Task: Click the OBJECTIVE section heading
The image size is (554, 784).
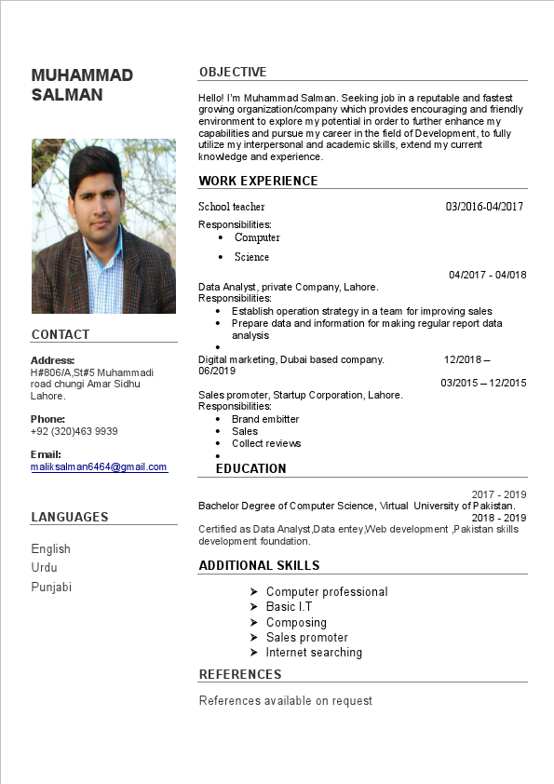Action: pyautogui.click(x=233, y=72)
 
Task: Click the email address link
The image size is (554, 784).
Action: pyautogui.click(x=99, y=466)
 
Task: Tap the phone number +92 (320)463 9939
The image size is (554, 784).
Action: pyautogui.click(x=74, y=431)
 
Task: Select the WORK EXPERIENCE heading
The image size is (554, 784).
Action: pyautogui.click(x=258, y=181)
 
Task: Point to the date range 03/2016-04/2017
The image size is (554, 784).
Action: pyautogui.click(x=484, y=206)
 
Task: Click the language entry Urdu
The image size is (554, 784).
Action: pyautogui.click(x=45, y=567)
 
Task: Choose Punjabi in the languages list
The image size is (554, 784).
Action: pyautogui.click(x=51, y=587)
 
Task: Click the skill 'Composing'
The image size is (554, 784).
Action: pyautogui.click(x=296, y=622)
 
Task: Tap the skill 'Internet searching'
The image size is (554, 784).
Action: pyautogui.click(x=314, y=652)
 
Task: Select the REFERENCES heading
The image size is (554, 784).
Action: pyautogui.click(x=240, y=674)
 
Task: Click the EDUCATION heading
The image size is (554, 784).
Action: pyautogui.click(x=251, y=468)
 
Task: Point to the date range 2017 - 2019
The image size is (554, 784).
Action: pyautogui.click(x=499, y=494)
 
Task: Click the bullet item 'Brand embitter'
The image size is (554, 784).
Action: pyautogui.click(x=265, y=419)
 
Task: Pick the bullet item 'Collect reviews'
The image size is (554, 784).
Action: pyautogui.click(x=266, y=443)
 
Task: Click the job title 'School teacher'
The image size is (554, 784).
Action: pyautogui.click(x=232, y=206)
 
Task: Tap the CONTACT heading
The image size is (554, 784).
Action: pyautogui.click(x=61, y=334)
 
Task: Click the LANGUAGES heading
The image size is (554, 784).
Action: pyautogui.click(x=70, y=517)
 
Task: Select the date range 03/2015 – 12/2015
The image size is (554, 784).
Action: pyautogui.click(x=483, y=383)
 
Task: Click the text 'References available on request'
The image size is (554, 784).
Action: pyautogui.click(x=286, y=700)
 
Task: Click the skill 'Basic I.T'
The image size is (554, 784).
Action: pyautogui.click(x=289, y=606)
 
